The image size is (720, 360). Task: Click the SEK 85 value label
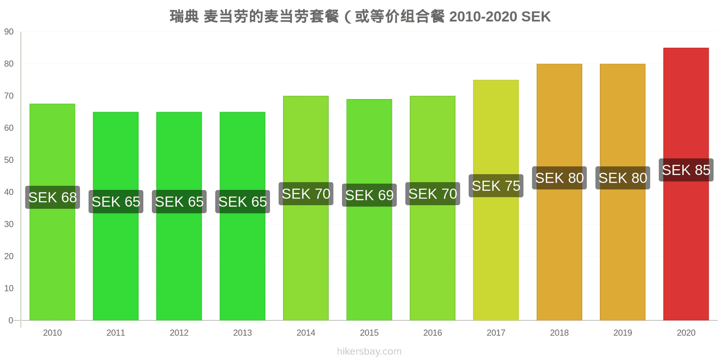[686, 170]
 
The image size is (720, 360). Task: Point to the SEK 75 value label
[496, 186]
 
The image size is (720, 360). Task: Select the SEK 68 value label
[53, 198]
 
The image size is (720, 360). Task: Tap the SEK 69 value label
[369, 195]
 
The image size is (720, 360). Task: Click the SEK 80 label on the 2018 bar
[559, 178]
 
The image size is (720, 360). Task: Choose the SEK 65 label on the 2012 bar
[179, 202]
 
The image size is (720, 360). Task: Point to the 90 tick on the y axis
[9, 32]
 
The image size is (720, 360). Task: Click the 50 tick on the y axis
[9, 160]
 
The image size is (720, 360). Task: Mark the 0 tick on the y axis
[11, 320]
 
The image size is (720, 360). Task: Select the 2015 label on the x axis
[369, 333]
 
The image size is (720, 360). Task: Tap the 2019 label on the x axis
[622, 333]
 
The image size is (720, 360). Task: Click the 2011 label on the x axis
[116, 333]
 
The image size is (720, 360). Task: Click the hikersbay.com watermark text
[369, 351]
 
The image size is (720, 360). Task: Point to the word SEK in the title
[535, 17]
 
